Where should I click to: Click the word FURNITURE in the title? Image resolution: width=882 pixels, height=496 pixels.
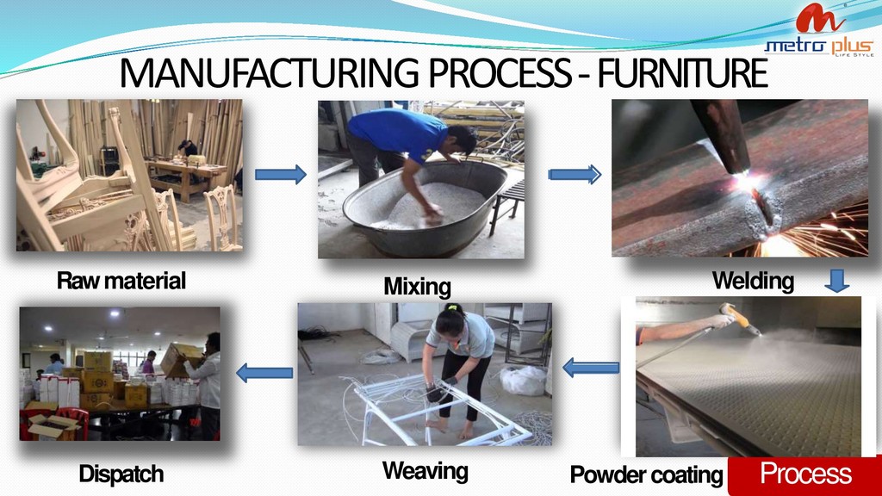pyautogui.click(x=680, y=74)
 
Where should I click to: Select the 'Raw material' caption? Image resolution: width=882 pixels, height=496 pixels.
pyautogui.click(x=121, y=281)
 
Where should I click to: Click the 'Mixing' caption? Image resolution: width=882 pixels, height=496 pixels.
pyautogui.click(x=417, y=286)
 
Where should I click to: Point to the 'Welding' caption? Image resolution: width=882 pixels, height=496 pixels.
pyautogui.click(x=752, y=281)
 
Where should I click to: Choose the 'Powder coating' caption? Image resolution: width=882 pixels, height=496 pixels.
pyautogui.click(x=646, y=474)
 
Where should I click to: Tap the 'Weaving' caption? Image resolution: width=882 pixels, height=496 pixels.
pyautogui.click(x=425, y=470)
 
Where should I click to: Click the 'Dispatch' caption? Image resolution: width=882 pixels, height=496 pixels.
pyautogui.click(x=121, y=474)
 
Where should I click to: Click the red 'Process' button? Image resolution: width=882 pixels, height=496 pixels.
pyautogui.click(x=804, y=474)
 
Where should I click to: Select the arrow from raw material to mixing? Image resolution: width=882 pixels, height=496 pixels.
pyautogui.click(x=281, y=175)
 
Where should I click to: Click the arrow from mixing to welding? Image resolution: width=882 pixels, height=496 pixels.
pyautogui.click(x=575, y=175)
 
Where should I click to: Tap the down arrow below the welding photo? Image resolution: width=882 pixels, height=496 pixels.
pyautogui.click(x=837, y=281)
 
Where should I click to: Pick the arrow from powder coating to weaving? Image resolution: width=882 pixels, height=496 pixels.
pyautogui.click(x=591, y=369)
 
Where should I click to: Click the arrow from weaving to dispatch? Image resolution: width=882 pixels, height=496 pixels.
pyautogui.click(x=264, y=372)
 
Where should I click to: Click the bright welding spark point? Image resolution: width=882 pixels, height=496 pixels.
pyautogui.click(x=742, y=184)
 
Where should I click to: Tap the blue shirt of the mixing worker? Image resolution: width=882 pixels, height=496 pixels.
pyautogui.click(x=396, y=130)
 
